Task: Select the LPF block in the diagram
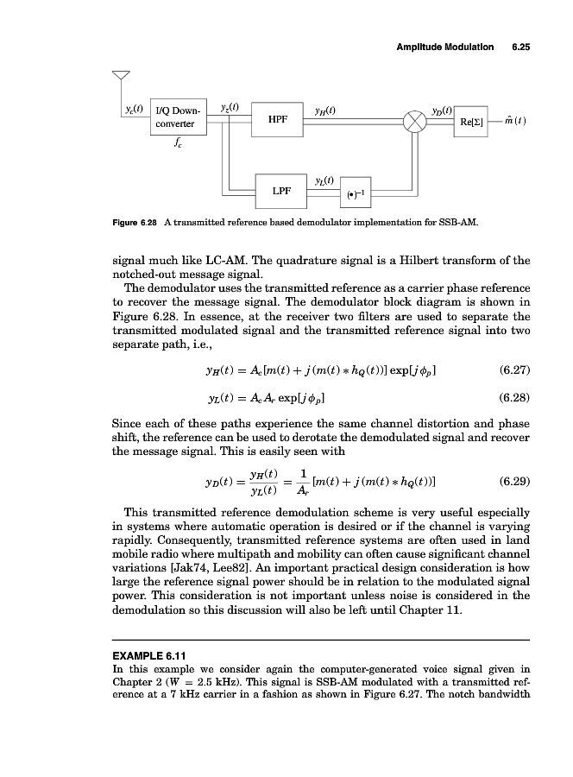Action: (x=280, y=190)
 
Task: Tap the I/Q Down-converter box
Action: (x=177, y=117)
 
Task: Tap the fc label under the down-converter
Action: (x=177, y=146)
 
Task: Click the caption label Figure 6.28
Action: (x=132, y=222)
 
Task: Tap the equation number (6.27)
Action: (x=514, y=371)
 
